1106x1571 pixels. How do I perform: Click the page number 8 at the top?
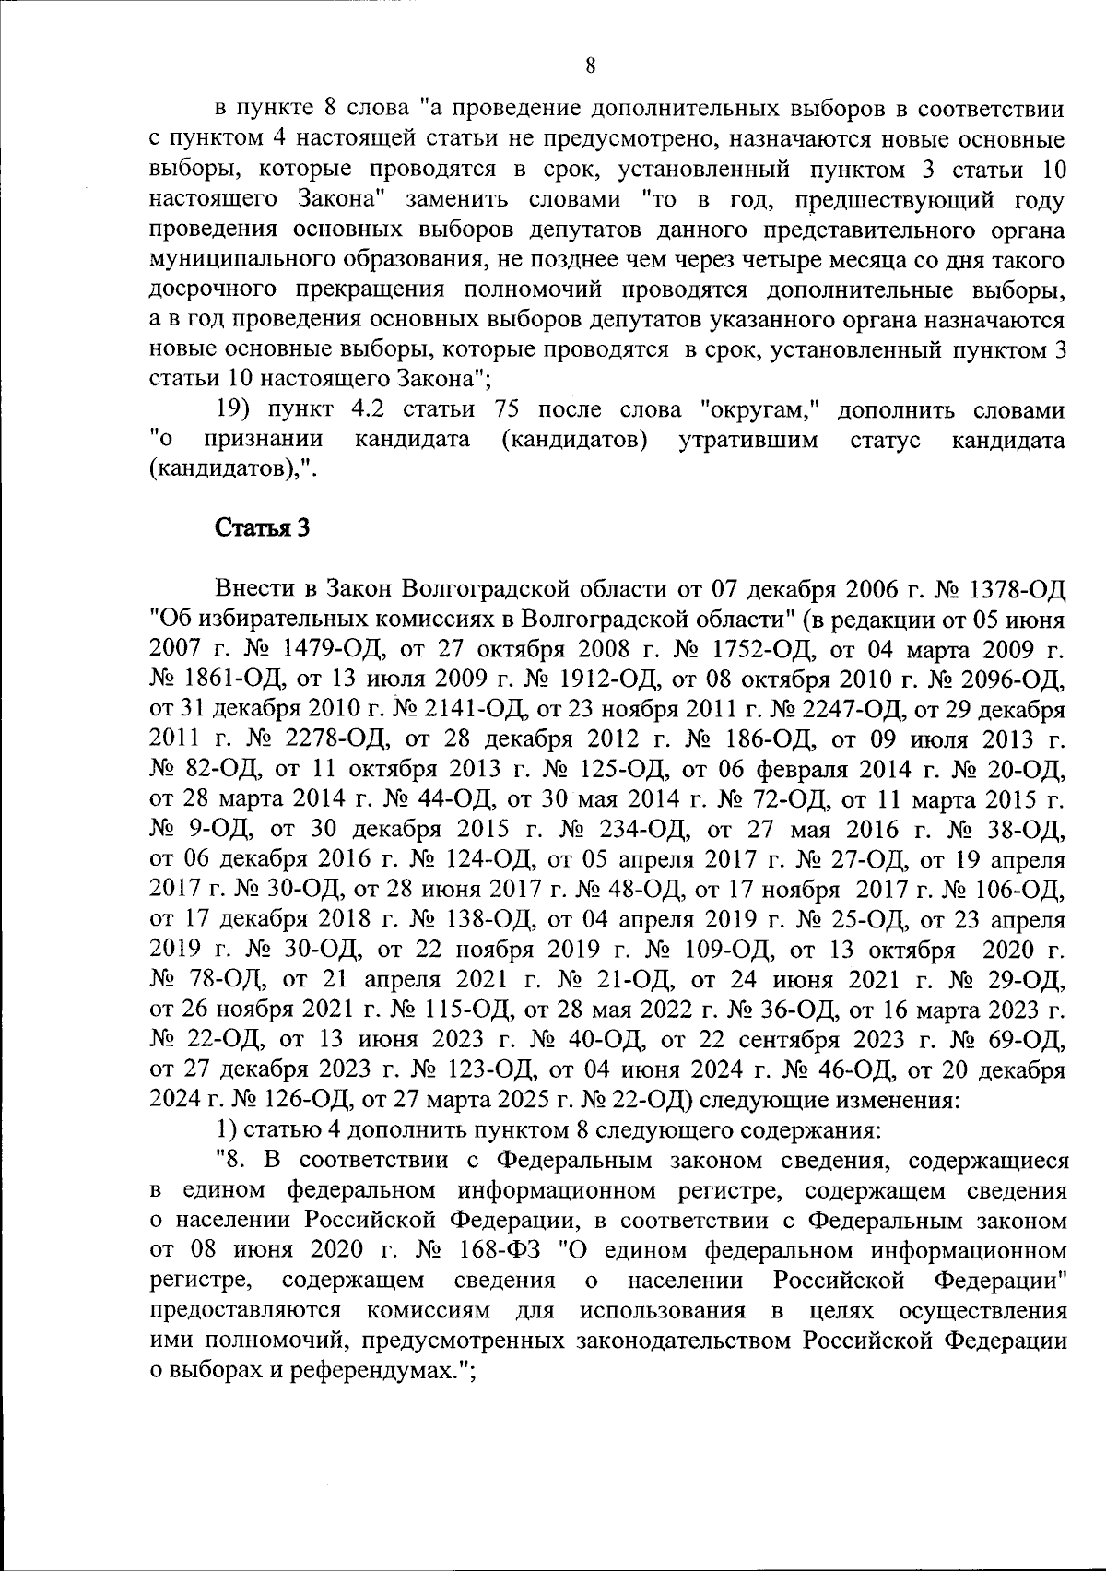tap(591, 65)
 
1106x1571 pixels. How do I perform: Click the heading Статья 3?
tap(262, 528)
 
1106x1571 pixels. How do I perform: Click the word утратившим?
tap(748, 440)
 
